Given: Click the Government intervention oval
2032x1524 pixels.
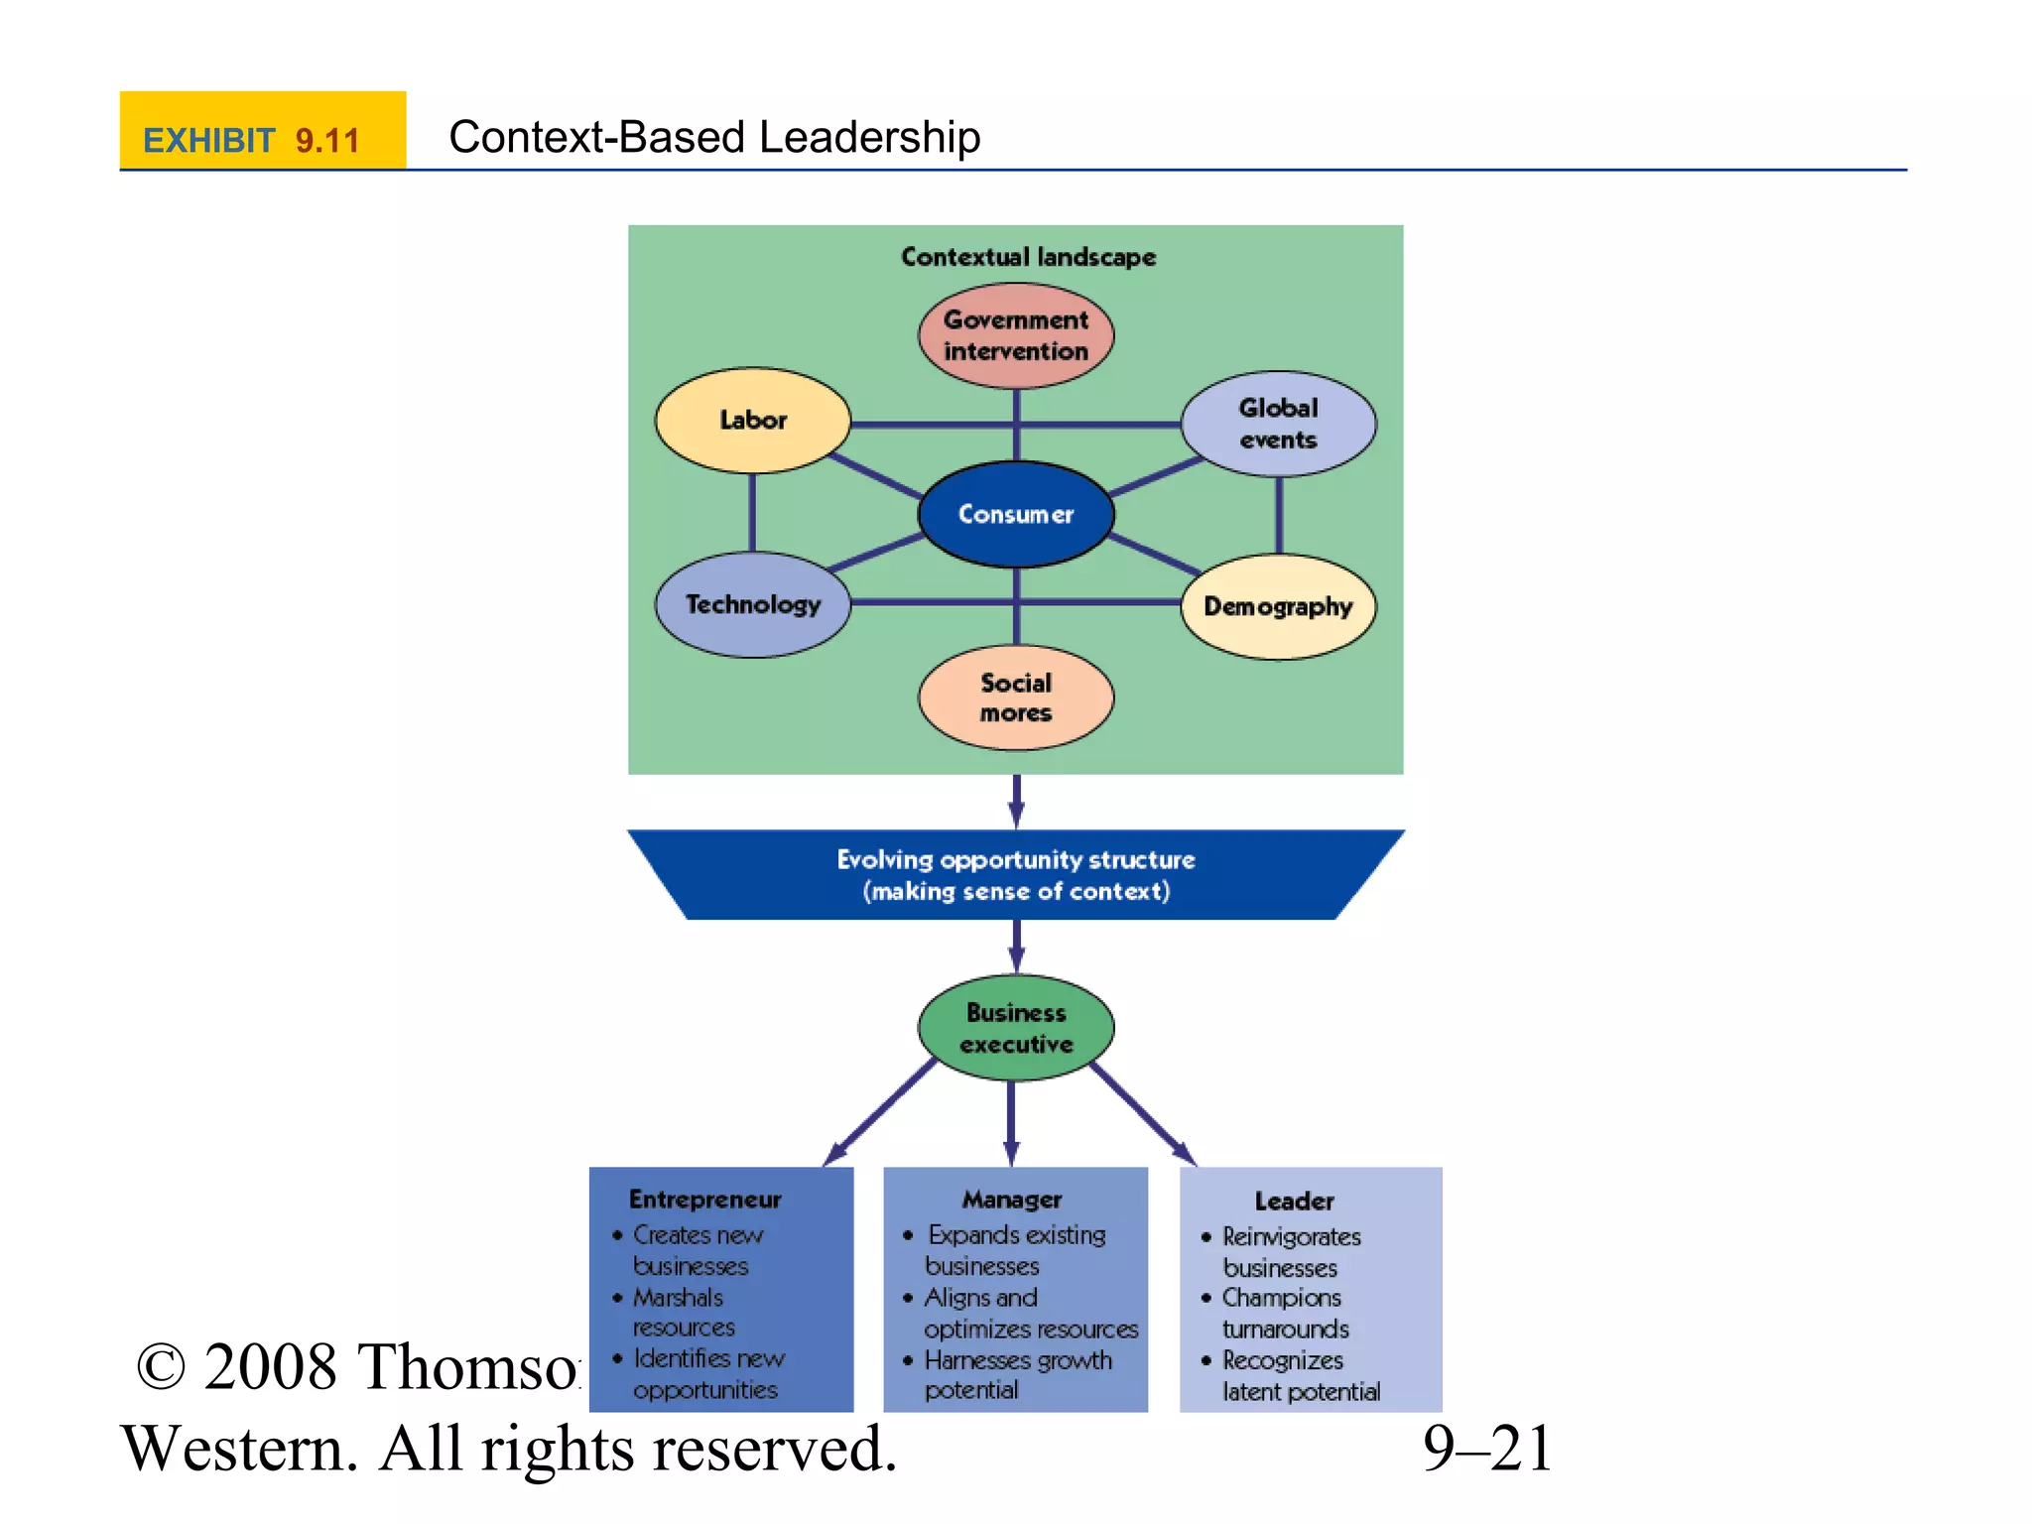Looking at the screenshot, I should click(1015, 335).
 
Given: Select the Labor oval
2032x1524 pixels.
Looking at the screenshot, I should click(753, 421).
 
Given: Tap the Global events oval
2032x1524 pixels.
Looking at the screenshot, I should click(1278, 424).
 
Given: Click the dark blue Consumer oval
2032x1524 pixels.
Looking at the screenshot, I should click(1015, 514).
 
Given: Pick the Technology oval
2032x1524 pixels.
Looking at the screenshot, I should click(753, 604).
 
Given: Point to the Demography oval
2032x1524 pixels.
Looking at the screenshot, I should click(1278, 606).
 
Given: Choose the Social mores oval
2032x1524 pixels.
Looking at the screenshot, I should click(1015, 698).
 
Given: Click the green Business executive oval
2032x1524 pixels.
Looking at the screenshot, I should click(1015, 1028).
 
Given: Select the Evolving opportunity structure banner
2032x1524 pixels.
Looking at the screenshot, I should click(1015, 875).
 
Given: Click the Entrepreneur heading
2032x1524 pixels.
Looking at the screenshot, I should click(704, 1200).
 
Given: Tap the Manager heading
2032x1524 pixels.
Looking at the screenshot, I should click(1012, 1200).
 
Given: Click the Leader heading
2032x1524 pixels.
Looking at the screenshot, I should click(1294, 1202).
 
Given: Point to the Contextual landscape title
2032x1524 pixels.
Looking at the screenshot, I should click(1028, 257).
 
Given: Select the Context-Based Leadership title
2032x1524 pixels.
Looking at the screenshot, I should click(714, 137).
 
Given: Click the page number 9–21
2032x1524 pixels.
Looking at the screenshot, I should click(1486, 1449).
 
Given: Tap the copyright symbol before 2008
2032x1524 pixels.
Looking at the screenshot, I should click(161, 1368).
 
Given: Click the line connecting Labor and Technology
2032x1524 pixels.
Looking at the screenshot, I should click(752, 512).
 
